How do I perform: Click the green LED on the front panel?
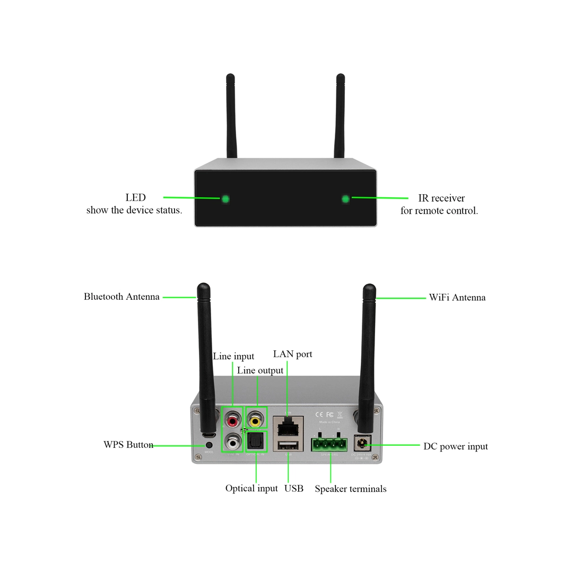225,199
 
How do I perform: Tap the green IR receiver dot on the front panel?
346,199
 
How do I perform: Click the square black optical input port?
256,441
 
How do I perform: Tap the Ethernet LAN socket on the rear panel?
288,426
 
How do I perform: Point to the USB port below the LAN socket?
288,445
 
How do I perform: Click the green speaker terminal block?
329,444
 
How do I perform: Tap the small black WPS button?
209,445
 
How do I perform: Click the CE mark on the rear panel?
319,415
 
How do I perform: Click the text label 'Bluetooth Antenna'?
121,297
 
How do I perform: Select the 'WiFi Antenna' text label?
457,298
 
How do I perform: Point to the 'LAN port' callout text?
292,354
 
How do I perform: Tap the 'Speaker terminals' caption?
350,489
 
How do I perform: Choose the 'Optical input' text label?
251,488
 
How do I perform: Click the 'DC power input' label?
455,446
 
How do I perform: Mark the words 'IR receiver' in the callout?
441,198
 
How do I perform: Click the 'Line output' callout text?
260,370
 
